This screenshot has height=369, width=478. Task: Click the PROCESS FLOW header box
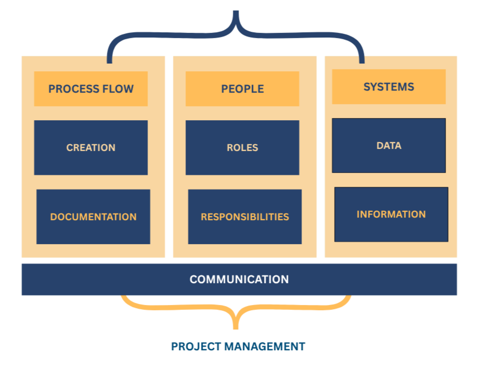coord(91,88)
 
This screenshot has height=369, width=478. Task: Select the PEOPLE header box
coord(242,88)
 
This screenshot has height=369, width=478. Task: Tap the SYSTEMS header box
coord(389,86)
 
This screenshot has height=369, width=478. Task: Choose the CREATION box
coord(91,147)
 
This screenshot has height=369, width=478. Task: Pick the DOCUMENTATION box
coord(93,217)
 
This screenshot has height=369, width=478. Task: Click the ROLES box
coord(242,147)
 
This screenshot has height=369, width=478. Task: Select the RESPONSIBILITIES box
coord(244,217)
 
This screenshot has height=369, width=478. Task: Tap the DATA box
coord(389,145)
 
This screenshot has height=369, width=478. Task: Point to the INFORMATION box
coord(391,214)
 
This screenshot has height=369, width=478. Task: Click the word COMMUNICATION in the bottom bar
coord(239,279)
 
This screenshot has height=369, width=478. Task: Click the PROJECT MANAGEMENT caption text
coord(238,346)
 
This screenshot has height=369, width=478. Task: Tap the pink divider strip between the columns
coord(169,156)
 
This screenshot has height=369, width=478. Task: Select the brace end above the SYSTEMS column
coord(361,58)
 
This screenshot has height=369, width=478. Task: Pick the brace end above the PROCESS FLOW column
coord(109,58)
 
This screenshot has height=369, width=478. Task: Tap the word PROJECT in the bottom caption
coord(196,346)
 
